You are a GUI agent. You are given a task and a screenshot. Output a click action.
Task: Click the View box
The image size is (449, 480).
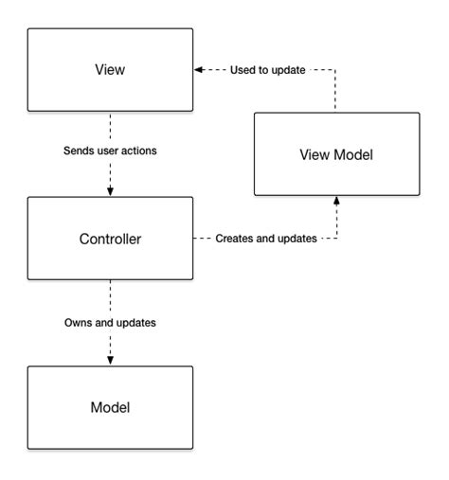pyautogui.click(x=110, y=69)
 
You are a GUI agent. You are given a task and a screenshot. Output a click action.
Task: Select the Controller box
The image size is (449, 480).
pyautogui.click(x=110, y=239)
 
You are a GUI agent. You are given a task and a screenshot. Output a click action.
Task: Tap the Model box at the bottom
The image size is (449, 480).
pyautogui.click(x=110, y=407)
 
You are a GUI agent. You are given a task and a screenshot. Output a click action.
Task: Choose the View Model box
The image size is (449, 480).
pyautogui.click(x=336, y=153)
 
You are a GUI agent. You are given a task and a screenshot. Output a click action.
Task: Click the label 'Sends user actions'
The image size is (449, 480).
pyautogui.click(x=110, y=151)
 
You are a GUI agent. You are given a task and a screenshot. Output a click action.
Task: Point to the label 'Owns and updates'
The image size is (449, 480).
pyautogui.click(x=110, y=322)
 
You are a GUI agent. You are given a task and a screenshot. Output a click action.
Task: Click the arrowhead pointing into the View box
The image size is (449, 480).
pyautogui.click(x=199, y=69)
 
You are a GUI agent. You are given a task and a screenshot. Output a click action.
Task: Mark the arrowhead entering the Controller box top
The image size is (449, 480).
pyautogui.click(x=110, y=192)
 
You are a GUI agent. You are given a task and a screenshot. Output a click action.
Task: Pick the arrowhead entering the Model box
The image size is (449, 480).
pyautogui.click(x=110, y=361)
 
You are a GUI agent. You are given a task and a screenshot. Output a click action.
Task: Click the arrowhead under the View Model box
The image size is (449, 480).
pyautogui.click(x=335, y=201)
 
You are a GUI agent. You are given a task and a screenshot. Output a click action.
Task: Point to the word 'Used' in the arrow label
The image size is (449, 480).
pyautogui.click(x=241, y=69)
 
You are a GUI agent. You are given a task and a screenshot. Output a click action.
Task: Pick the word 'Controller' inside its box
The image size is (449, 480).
pyautogui.click(x=110, y=239)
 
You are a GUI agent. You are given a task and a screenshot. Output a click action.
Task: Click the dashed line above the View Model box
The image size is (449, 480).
pyautogui.click(x=335, y=90)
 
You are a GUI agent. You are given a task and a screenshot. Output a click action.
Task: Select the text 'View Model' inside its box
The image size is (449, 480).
pyautogui.click(x=336, y=153)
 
